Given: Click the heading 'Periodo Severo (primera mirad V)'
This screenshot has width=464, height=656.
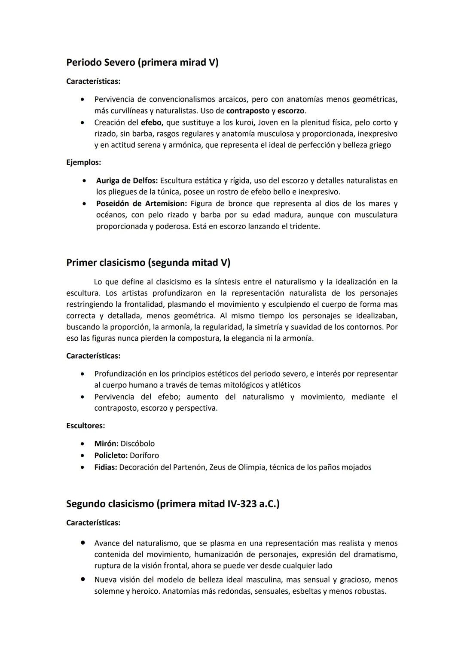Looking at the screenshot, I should [142, 63].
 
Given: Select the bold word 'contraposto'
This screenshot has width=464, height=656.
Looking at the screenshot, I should [247, 111].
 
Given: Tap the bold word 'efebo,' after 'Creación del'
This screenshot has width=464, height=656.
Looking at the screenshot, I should [152, 122].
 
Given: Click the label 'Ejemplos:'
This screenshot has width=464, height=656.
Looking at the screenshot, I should [84, 162].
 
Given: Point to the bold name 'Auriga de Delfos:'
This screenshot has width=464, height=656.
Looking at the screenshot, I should [127, 180].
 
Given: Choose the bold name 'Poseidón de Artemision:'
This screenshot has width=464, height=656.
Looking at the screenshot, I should [141, 203].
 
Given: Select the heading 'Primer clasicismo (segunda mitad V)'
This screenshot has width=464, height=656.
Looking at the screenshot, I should [148, 262].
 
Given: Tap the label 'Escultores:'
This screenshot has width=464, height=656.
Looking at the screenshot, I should [85, 426].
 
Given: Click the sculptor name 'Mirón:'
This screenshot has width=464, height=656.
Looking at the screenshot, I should [106, 444].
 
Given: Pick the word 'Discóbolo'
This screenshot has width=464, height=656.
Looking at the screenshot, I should [137, 444].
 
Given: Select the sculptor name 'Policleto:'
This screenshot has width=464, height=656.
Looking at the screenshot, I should [111, 455].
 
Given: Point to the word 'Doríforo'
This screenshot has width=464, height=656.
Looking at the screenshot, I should [144, 455].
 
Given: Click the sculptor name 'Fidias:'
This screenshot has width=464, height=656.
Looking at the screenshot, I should [106, 467].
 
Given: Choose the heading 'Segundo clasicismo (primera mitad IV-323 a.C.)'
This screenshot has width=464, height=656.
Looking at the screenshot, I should [173, 503].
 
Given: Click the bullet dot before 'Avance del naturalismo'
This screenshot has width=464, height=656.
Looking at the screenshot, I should [82, 543].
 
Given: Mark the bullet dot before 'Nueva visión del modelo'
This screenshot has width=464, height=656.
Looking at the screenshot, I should [82, 579].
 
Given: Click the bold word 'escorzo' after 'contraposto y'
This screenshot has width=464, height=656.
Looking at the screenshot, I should [290, 111].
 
